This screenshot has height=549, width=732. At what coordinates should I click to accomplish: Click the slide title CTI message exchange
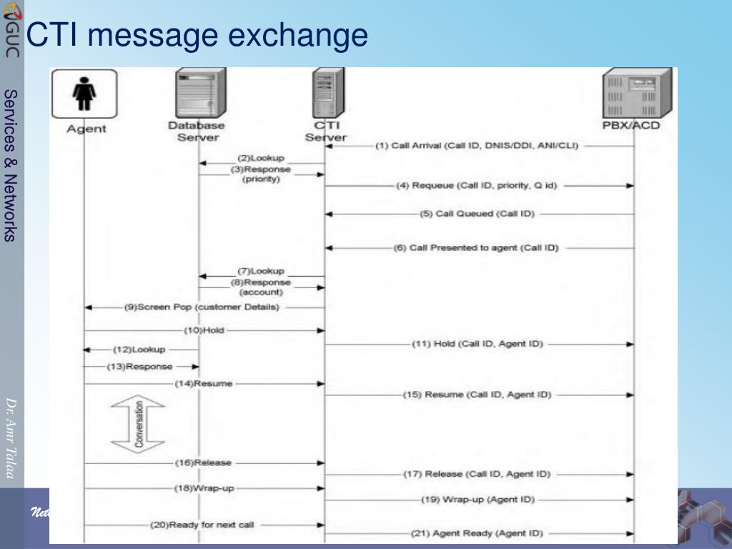click(197, 35)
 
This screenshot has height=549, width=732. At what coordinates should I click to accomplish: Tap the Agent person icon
click(84, 94)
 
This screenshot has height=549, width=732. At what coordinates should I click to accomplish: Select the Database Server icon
click(199, 93)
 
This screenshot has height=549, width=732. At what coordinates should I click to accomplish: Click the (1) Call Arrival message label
click(477, 146)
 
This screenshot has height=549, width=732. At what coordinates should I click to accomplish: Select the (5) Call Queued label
click(477, 213)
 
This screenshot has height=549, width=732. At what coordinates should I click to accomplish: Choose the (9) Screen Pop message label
click(202, 307)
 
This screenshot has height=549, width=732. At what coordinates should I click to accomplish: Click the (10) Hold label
click(204, 330)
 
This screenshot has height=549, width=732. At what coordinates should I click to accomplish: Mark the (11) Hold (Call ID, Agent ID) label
click(478, 344)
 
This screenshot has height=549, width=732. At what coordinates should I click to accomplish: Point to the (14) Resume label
click(204, 384)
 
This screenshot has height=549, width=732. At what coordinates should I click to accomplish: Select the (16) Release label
click(204, 463)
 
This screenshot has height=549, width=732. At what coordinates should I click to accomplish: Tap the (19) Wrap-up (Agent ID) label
click(478, 499)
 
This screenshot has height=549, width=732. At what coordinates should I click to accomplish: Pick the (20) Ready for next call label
click(202, 525)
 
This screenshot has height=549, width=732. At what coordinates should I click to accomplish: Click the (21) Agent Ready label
click(478, 533)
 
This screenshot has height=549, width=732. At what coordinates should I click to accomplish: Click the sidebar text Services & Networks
click(11, 165)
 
